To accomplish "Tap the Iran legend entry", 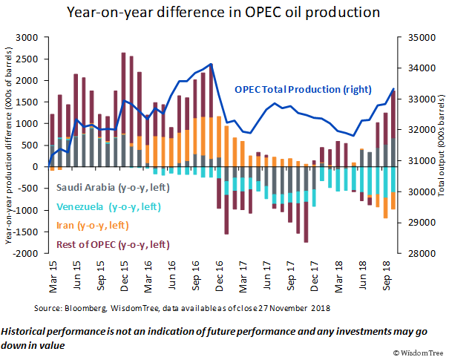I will click(x=91, y=225).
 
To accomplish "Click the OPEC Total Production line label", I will click(x=292, y=90).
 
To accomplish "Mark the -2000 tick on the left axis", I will click(x=29, y=254).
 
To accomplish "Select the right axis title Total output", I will click(x=439, y=145).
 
